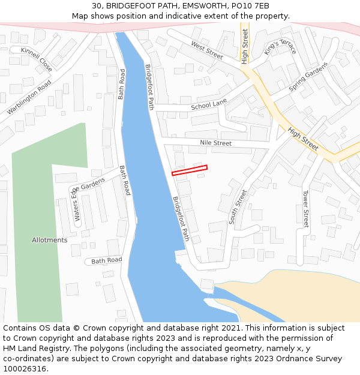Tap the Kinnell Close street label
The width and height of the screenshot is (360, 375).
tap(36, 59)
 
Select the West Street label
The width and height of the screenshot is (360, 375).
tap(207, 50)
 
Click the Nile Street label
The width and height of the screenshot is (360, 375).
tap(215, 143)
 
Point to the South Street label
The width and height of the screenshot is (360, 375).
tap(238, 207)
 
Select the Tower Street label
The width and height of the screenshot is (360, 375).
tap(305, 209)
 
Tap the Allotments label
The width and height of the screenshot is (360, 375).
tap(50, 240)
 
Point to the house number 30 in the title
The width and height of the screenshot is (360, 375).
tap(97, 6)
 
